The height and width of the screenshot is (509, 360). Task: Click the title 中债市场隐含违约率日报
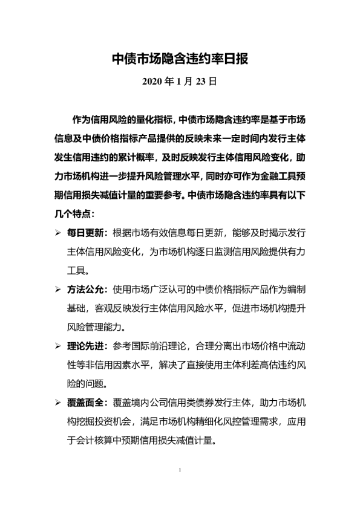tap(180, 59)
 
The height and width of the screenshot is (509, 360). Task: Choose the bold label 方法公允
tap(87, 289)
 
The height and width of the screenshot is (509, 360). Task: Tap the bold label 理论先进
tap(87, 346)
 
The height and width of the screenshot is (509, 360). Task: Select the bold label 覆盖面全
tap(87, 403)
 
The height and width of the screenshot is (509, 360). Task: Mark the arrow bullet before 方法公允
tap(57, 289)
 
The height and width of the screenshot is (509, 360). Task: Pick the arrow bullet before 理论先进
tap(57, 346)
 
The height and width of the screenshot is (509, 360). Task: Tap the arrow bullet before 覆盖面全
tap(57, 403)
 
